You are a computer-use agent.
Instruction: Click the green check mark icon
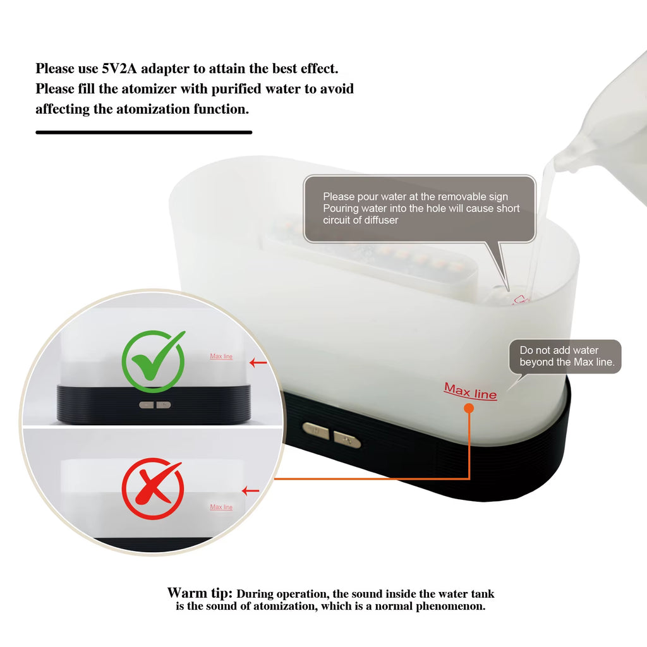153,361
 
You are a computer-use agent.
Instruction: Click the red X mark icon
153,488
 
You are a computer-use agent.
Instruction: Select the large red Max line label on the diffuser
471,391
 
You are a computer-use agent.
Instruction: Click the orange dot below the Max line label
469,408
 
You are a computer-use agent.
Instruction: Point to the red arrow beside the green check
258,363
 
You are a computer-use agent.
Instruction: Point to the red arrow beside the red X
251,490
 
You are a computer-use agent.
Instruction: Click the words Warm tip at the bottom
200,593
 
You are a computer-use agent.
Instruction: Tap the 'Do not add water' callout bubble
565,356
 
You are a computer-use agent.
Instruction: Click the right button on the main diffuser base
347,439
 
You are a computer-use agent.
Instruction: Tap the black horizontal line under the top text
143,132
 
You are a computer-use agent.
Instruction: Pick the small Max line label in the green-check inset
221,356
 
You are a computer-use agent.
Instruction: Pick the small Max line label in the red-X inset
221,507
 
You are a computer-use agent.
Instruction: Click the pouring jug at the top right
607,120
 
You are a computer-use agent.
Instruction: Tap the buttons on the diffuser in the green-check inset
155,404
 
